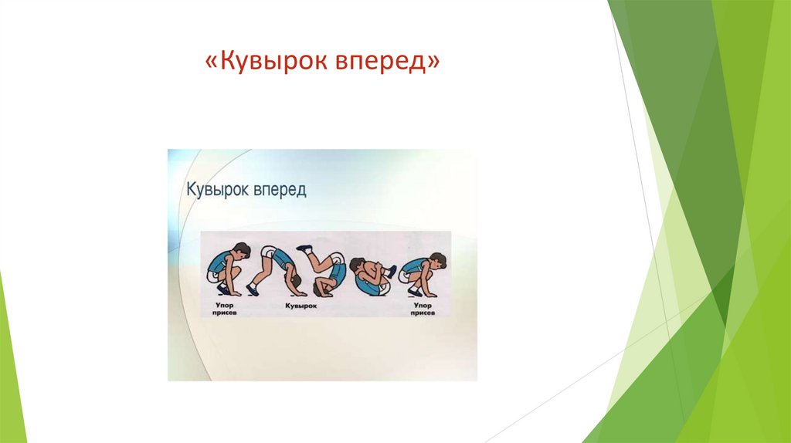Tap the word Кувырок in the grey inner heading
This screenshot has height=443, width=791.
click(x=214, y=190)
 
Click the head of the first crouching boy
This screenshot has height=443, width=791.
click(x=242, y=251)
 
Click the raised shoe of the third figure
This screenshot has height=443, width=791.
click(x=304, y=249)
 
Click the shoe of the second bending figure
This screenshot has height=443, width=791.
click(x=253, y=289)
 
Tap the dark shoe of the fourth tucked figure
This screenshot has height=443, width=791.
click(x=391, y=271)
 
